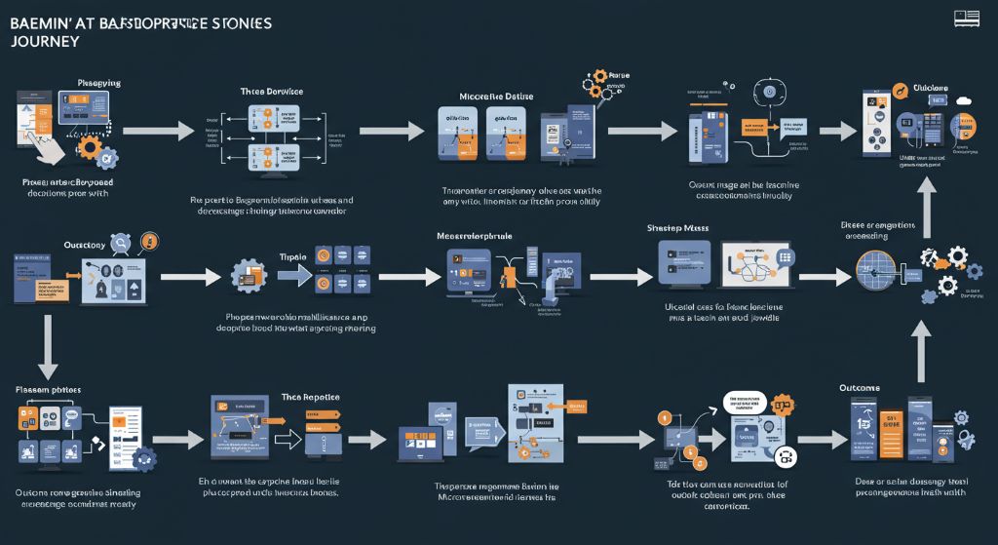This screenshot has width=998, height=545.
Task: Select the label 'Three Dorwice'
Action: (271, 91)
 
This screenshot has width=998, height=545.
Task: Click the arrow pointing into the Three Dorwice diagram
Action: (173, 130)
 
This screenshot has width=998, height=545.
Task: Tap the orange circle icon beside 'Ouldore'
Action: (902, 91)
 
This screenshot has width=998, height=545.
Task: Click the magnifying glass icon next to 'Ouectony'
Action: (121, 244)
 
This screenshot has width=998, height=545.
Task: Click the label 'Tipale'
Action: (292, 256)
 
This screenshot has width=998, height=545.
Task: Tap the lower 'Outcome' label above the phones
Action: (859, 388)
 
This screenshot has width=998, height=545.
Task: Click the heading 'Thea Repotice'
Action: (304, 398)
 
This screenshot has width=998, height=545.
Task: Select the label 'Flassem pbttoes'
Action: (48, 389)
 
